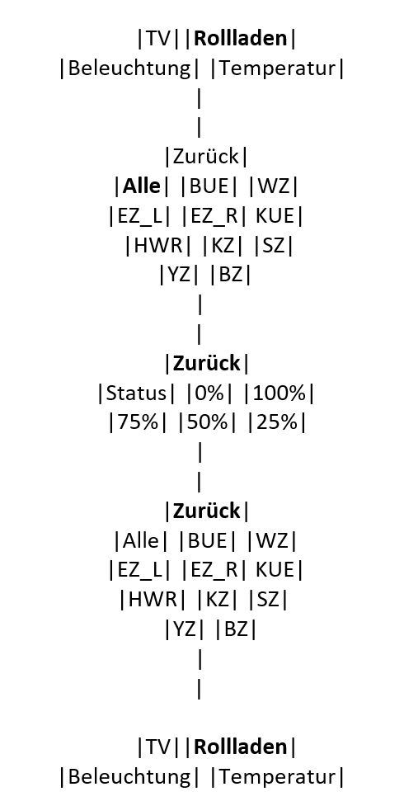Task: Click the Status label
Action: pyautogui.click(x=136, y=393)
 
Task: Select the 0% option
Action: pyautogui.click(x=209, y=393)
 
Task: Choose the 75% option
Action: pyautogui.click(x=138, y=423)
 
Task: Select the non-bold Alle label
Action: pyautogui.click(x=140, y=540)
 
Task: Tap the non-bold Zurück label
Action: pyautogui.click(x=206, y=157)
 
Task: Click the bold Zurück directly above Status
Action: pyautogui.click(x=207, y=364)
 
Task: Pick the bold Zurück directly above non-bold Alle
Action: pyautogui.click(x=207, y=511)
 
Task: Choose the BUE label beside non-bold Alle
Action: pyautogui.click(x=208, y=540)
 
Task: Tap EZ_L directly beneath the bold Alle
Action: pyautogui.click(x=139, y=217)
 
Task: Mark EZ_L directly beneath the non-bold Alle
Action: pyautogui.click(x=139, y=570)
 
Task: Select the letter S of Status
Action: pyautogui.click(x=110, y=393)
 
